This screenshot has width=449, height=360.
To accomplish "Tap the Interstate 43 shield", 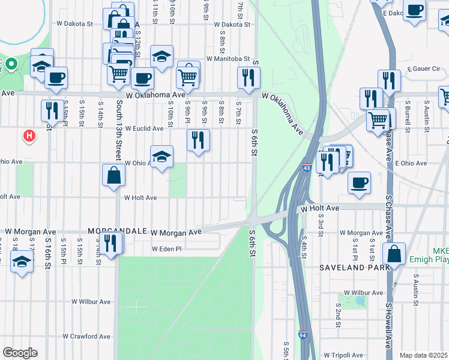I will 307,169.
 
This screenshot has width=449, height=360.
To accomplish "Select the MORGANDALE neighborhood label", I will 118,231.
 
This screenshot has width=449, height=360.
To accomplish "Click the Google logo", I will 20,353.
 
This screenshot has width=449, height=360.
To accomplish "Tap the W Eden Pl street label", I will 166,248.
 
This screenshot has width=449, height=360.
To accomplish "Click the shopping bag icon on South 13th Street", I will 114,176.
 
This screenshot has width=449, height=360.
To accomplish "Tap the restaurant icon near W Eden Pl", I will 110,243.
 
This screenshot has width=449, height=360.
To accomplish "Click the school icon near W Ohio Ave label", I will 161,157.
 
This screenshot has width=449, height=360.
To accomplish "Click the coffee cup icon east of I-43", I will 359,182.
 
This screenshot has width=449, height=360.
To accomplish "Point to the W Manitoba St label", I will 228,59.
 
